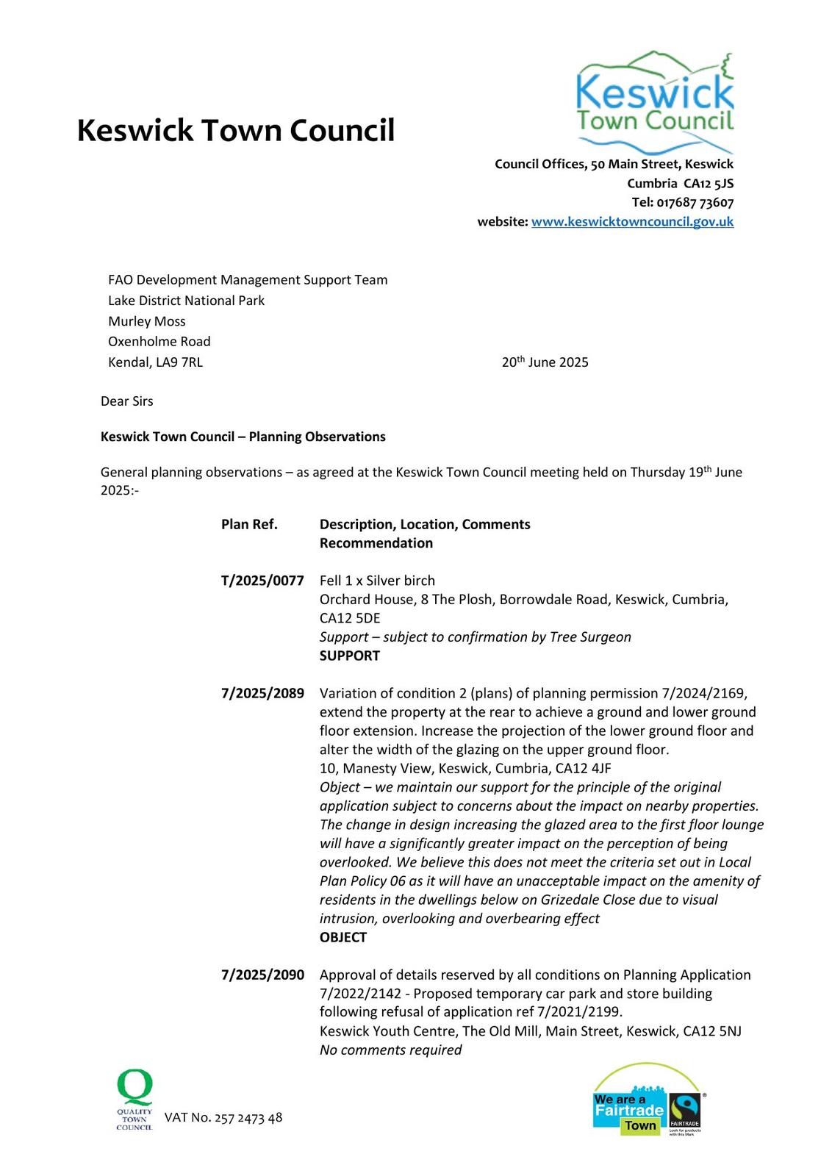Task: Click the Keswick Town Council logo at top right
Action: (x=655, y=100)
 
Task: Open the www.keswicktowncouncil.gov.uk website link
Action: (x=632, y=222)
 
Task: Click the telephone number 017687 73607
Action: (x=695, y=203)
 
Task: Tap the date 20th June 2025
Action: (x=545, y=362)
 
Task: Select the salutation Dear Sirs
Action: (x=127, y=401)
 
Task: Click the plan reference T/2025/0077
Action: (x=262, y=581)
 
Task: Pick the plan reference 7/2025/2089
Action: (x=262, y=693)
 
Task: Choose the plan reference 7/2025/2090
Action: (x=262, y=975)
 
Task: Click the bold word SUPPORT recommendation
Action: (x=349, y=656)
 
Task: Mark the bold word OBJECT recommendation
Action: (x=343, y=937)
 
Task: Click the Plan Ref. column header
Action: (x=249, y=525)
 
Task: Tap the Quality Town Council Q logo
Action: (x=135, y=1100)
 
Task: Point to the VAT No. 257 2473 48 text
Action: (x=223, y=1118)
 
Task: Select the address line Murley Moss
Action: (x=147, y=321)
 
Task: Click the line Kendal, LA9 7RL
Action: (x=155, y=362)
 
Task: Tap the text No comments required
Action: (x=390, y=1050)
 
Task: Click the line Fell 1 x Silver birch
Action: (x=377, y=581)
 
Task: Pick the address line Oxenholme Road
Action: (x=159, y=342)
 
